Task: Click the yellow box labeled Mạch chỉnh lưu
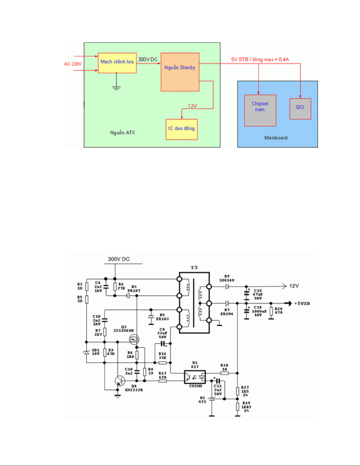coord(117,63)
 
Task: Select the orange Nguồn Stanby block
coord(180,72)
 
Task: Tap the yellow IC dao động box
coord(181,129)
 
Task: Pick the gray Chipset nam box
coord(260,111)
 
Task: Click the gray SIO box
coord(300,109)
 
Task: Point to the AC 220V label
coord(73,64)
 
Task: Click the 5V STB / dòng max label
coord(260,59)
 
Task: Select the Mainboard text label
coord(276,138)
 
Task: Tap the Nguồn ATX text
coord(123,133)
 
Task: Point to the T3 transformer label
coord(194,268)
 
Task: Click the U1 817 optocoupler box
coord(195,377)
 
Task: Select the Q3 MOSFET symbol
coord(134,340)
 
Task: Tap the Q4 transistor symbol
coord(120,381)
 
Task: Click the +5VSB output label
coord(302,303)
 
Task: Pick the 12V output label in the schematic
coord(294,286)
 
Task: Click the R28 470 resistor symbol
coord(271,311)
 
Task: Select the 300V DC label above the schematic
coord(119,259)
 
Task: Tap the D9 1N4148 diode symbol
coord(227,286)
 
